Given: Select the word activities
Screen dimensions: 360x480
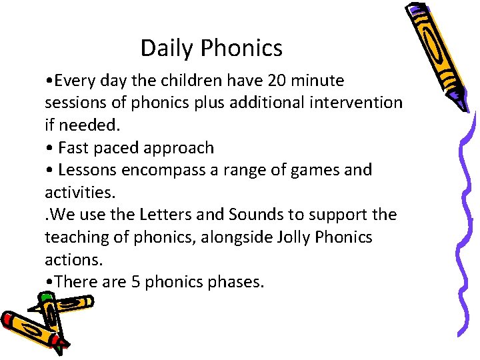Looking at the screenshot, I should pyautogui.click(x=79, y=192).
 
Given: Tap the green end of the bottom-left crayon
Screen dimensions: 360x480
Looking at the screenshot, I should pyautogui.click(x=61, y=345).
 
